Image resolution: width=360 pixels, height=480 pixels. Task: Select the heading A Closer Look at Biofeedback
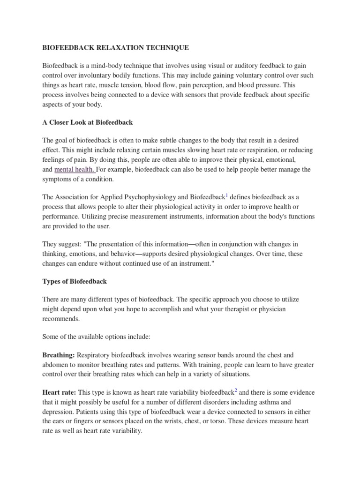coord(88,122)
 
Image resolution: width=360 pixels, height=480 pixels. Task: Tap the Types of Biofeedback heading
coord(75,281)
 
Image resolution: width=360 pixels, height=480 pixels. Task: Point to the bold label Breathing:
coord(58,356)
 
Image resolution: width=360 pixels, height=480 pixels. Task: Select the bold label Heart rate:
coord(59,392)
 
